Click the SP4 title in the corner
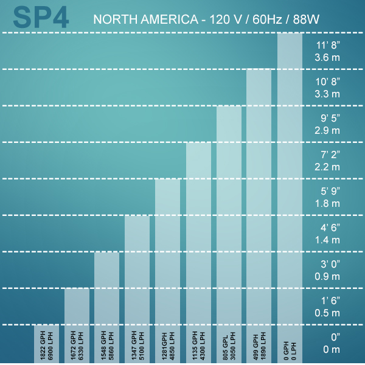pyautogui.click(x=41, y=18)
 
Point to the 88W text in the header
pyautogui.click(x=306, y=20)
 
